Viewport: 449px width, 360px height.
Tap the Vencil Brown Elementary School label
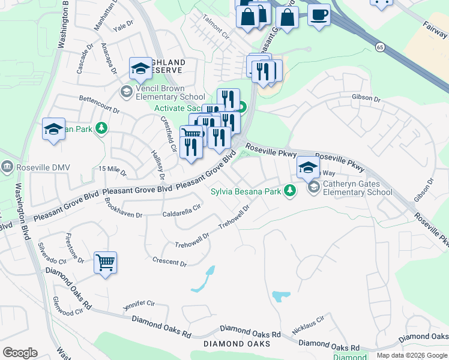coord(170,92)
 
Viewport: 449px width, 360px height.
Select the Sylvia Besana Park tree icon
coord(291,191)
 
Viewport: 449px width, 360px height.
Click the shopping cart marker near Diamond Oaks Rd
coord(105,262)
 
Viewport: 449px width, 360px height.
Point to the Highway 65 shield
coord(380,46)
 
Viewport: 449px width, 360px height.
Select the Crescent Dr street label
coord(170,262)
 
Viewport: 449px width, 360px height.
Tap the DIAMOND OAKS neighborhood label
coord(237,344)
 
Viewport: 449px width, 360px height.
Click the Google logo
coord(20,353)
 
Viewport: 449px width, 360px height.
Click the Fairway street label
coord(433,25)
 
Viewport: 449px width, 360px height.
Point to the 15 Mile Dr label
coord(113,170)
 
